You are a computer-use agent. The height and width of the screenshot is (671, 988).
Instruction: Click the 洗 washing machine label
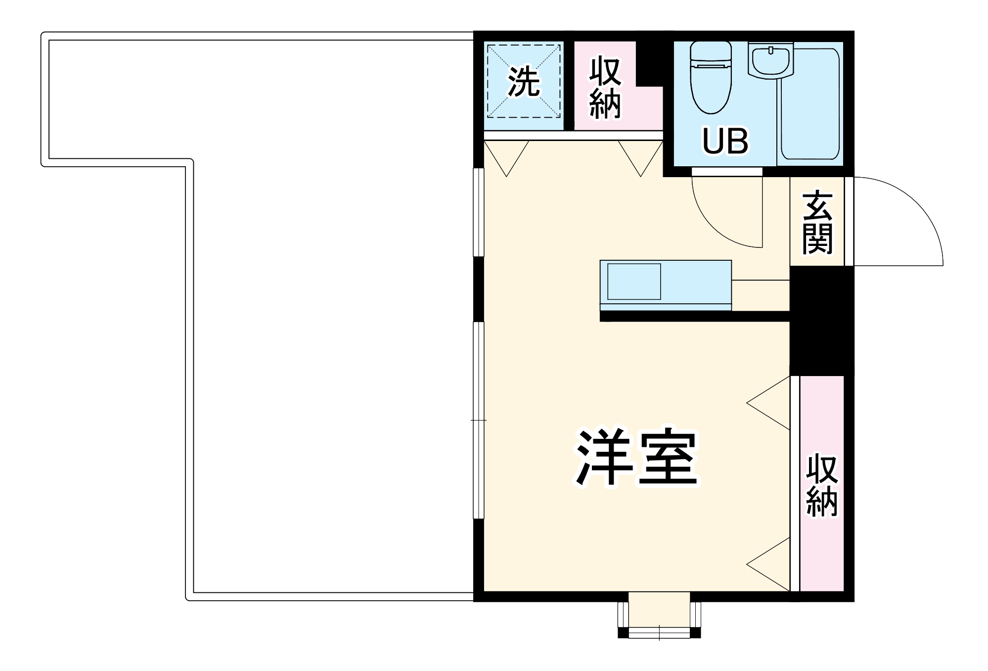pos(524,82)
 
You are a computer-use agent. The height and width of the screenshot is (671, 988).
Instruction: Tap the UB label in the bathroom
pos(725,141)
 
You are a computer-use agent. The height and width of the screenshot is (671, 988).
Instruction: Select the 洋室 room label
pos(637,458)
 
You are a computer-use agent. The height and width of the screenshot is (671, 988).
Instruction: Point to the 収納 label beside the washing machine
pos(605,88)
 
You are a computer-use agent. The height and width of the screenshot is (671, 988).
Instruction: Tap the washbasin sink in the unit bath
pos(770,60)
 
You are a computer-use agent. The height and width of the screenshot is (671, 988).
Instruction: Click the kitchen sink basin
pos(634,282)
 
